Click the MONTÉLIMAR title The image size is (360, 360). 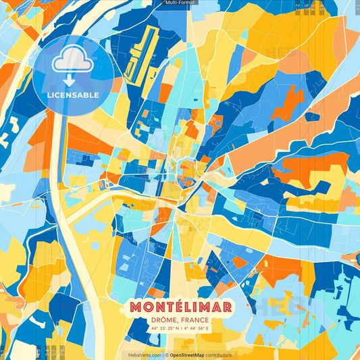179,307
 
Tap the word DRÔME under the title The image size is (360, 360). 162,319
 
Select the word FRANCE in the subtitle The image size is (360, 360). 195,319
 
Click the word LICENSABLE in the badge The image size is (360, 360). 73,95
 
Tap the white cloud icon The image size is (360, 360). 73,61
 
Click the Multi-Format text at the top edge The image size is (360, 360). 180,3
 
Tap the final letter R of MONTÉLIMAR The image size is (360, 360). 227,307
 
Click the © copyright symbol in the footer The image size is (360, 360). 166,355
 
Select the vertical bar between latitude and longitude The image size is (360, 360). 180,328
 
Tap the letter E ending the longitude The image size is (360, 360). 207,328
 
